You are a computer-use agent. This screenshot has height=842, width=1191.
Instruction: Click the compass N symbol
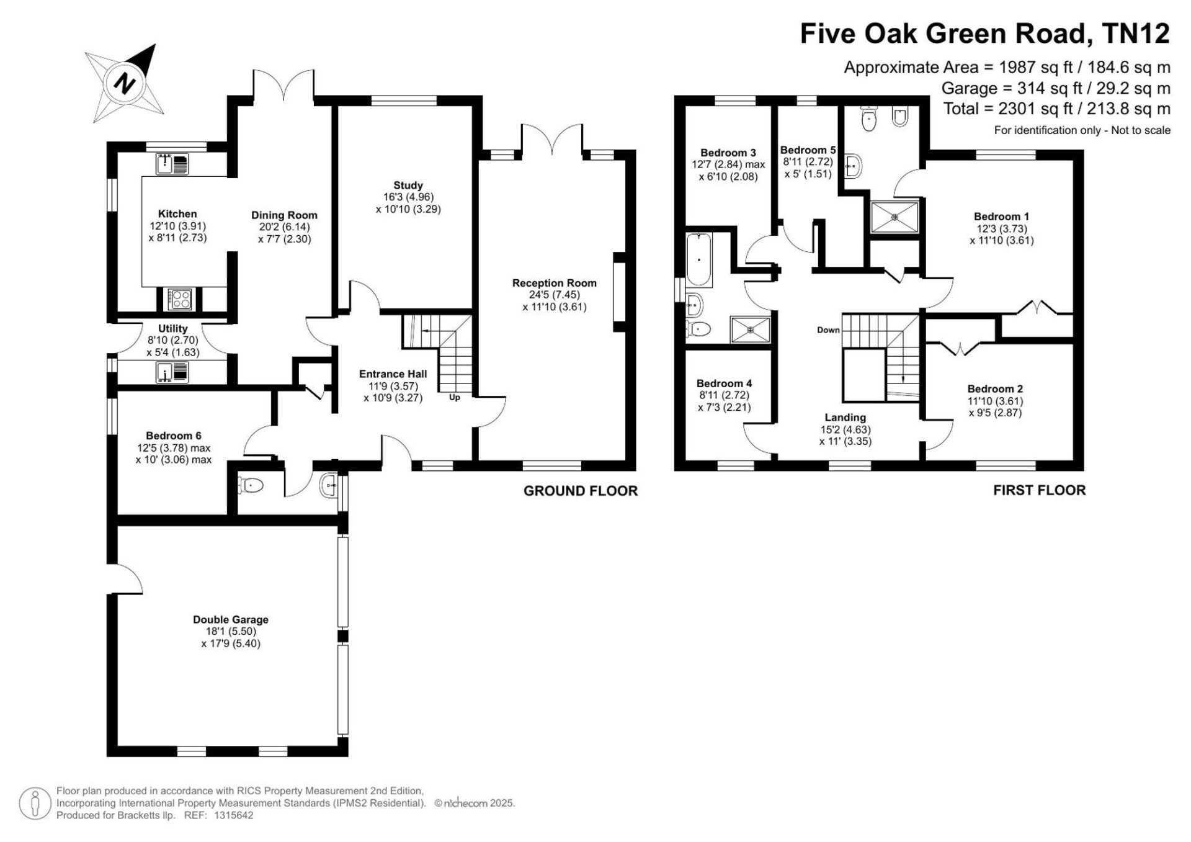(127, 83)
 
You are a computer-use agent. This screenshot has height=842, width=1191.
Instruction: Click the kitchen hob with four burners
(181, 299)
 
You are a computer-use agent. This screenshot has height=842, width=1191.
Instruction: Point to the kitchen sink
(172, 164)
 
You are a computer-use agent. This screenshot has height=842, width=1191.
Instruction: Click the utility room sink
(172, 372)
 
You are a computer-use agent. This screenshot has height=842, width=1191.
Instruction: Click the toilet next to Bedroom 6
(250, 485)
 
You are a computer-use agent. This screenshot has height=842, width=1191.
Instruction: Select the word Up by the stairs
(455, 398)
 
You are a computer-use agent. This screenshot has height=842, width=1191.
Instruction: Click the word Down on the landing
(828, 330)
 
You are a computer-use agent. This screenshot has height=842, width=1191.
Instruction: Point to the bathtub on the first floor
(699, 259)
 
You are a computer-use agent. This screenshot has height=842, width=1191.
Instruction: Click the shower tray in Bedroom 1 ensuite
(894, 217)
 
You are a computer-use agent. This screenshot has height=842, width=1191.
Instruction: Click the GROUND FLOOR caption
(581, 491)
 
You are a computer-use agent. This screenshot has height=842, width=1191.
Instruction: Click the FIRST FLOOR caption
(1039, 490)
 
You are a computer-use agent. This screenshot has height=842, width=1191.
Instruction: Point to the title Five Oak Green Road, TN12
(985, 34)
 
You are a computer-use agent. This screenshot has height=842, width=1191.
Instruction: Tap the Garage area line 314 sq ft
(1056, 88)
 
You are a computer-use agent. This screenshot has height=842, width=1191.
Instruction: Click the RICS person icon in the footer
(35, 804)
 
